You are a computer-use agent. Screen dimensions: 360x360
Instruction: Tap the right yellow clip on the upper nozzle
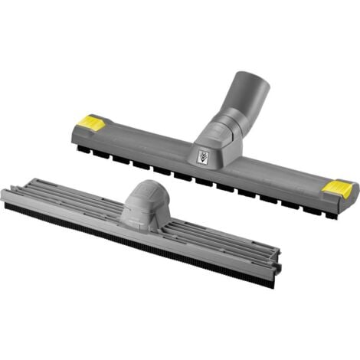pyautogui.click(x=337, y=189)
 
